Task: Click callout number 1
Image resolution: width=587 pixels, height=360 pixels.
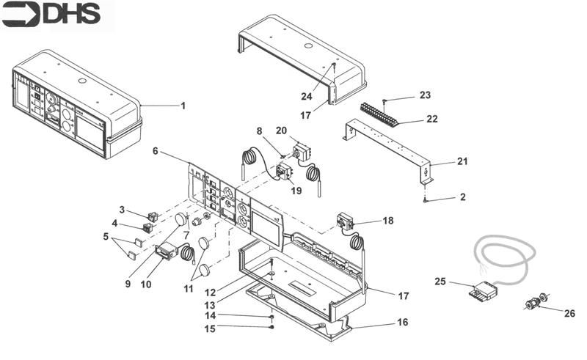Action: (183, 106)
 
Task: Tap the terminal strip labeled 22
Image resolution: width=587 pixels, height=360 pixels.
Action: (379, 113)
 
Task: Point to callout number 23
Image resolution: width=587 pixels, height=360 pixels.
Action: (426, 95)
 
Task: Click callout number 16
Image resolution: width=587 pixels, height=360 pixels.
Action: (402, 322)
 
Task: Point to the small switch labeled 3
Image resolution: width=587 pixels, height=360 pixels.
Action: (153, 216)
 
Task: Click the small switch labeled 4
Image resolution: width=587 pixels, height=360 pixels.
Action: (147, 227)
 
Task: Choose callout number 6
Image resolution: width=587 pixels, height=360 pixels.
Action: (156, 150)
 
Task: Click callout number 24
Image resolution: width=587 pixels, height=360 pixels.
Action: (306, 95)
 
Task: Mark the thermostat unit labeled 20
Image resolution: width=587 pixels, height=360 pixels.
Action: (302, 153)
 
